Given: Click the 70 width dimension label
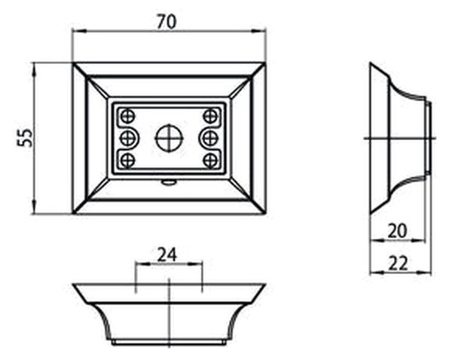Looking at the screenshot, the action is click(x=166, y=22).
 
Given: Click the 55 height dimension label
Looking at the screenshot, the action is click(x=25, y=138).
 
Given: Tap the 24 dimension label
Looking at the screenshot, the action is click(x=167, y=255).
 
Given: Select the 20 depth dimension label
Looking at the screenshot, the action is click(x=397, y=231).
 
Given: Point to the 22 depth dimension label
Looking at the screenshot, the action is click(x=398, y=264).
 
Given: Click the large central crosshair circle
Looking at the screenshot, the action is click(x=169, y=138).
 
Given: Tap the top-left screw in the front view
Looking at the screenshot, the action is click(x=128, y=117).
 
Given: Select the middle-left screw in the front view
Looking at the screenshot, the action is click(x=127, y=138).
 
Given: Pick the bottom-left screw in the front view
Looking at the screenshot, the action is click(x=128, y=160).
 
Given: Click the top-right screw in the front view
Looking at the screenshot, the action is click(x=210, y=117).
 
